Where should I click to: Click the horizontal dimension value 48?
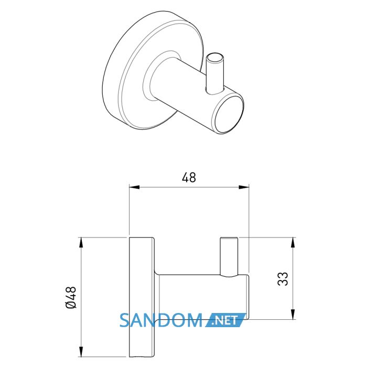189,178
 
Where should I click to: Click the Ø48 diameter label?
71,297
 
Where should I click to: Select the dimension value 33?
283,279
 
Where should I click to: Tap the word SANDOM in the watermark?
161,320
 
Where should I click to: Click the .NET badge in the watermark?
225,320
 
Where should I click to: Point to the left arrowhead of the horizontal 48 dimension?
134,187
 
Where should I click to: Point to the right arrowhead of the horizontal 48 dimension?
244,187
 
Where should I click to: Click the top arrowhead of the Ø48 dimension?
81,242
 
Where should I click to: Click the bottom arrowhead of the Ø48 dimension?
81,352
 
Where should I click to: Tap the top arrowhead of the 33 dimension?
293,242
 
